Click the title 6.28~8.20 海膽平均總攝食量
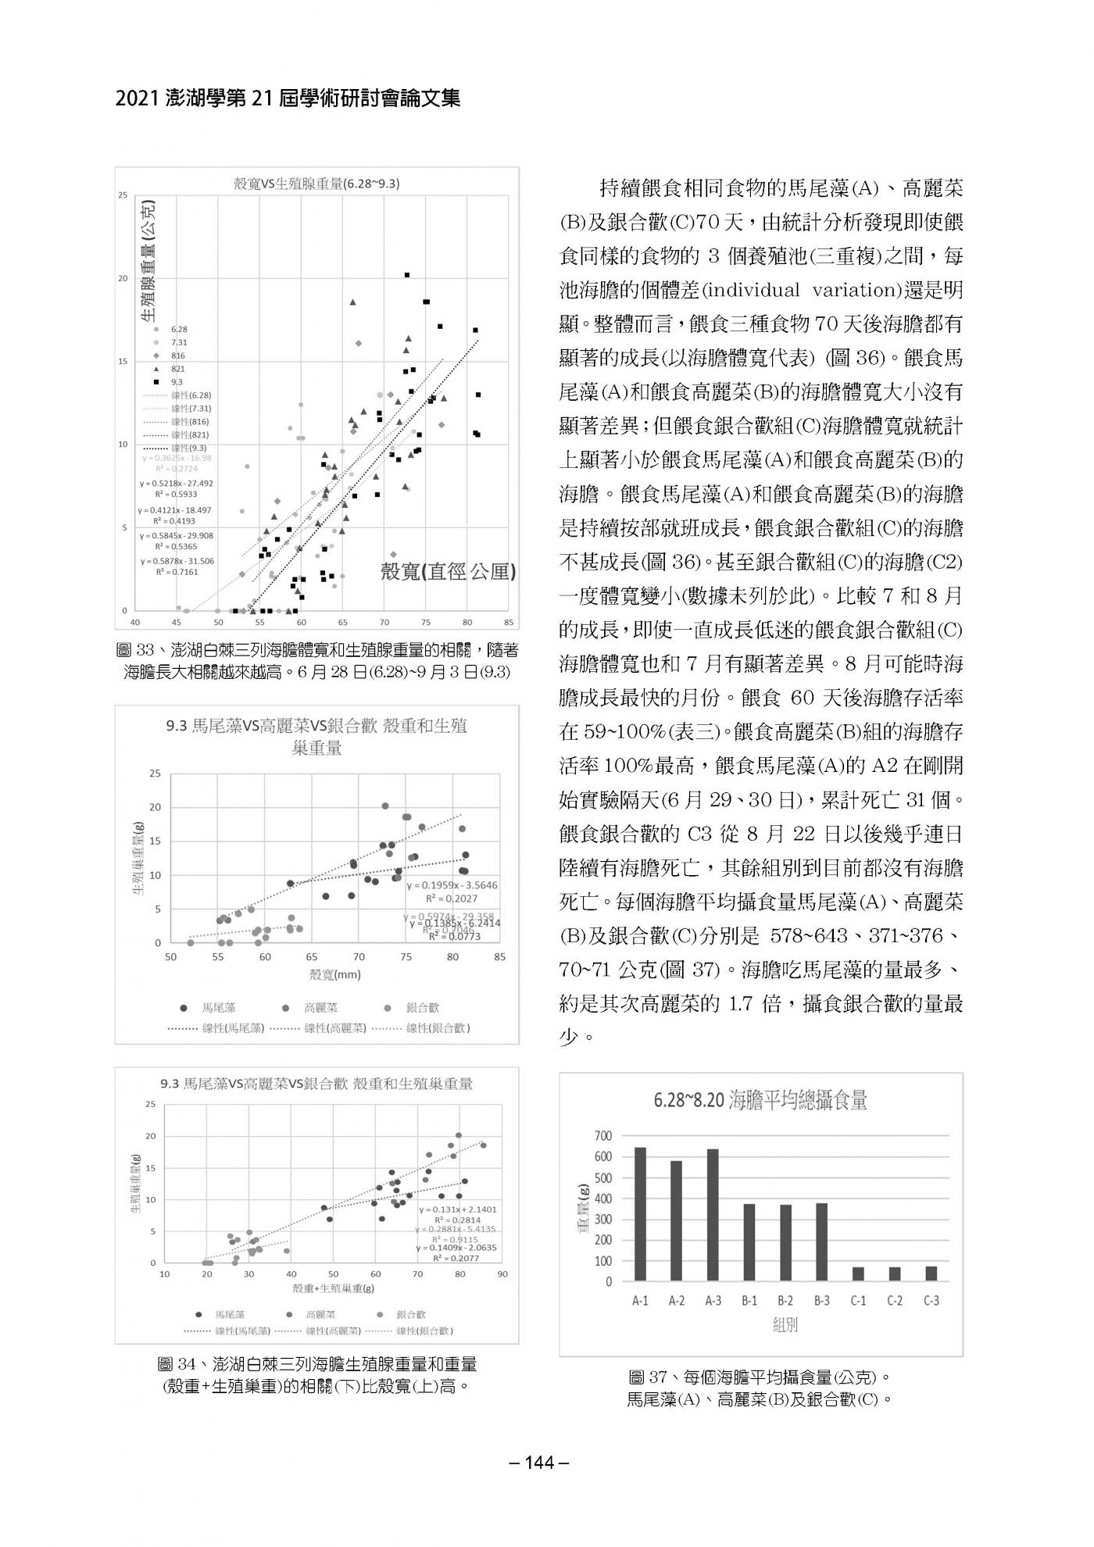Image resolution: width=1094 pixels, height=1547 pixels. pos(760,1102)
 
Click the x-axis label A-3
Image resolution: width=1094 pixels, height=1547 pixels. pos(712,1301)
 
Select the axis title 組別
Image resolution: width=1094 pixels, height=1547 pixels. pos(785,1325)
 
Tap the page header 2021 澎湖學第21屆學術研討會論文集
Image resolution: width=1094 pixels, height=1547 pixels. pos(288,98)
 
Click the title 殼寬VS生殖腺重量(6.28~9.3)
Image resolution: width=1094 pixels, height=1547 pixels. pos(317,184)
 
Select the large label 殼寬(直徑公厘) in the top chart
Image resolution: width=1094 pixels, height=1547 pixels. pos(448,571)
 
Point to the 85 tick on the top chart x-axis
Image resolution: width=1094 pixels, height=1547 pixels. pos(509,623)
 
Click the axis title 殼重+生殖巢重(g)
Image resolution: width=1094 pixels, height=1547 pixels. pos(333,1287)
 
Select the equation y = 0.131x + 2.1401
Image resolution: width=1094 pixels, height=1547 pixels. pos(457,1209)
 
